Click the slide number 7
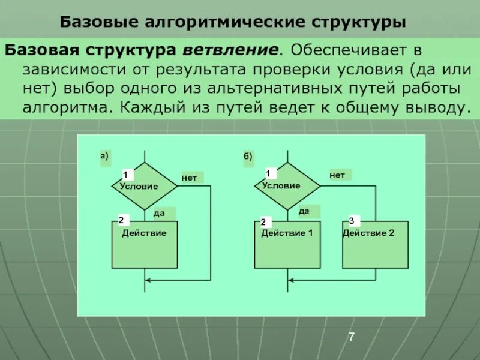click(x=352, y=338)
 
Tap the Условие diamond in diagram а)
click(x=145, y=186)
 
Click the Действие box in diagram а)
click(x=145, y=244)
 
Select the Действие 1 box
click(x=287, y=244)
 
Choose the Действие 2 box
click(x=375, y=244)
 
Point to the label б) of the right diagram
click(x=248, y=157)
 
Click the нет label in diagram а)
click(x=190, y=178)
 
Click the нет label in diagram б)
click(x=337, y=175)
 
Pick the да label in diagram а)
click(x=159, y=212)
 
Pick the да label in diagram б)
click(x=304, y=211)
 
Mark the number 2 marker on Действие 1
click(x=263, y=222)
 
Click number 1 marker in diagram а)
click(x=125, y=175)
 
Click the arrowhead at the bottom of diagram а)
click(x=149, y=280)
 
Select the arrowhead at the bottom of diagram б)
click(x=292, y=280)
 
